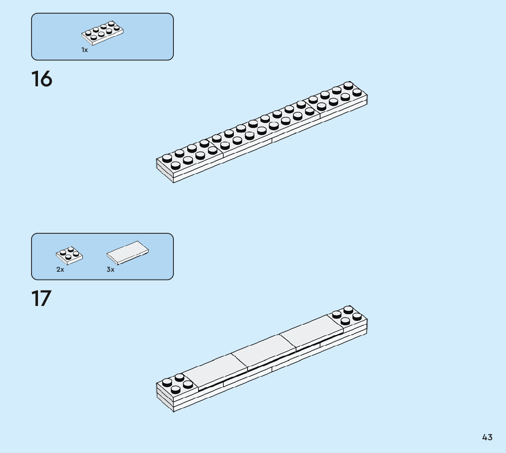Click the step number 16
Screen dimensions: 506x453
pos(42,79)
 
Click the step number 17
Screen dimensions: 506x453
pos(41,299)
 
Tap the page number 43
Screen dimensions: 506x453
pos(487,437)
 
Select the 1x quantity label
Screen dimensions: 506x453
pos(85,50)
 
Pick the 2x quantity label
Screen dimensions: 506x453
pos(60,269)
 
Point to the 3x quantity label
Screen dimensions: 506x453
pos(111,269)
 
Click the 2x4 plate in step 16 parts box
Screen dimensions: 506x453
pos(102,33)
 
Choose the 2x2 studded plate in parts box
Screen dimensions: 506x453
pos(70,255)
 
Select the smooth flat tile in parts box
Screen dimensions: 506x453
pos(128,253)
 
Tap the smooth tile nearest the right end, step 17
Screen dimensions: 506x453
pos(311,332)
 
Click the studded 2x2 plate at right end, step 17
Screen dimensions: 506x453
pos(349,315)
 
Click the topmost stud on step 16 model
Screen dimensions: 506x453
pos(349,85)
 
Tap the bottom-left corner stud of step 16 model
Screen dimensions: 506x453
pos(176,165)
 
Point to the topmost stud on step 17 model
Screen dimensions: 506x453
pos(349,309)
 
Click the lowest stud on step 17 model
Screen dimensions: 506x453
pos(176,390)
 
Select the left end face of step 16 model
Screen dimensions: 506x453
pos(165,171)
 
